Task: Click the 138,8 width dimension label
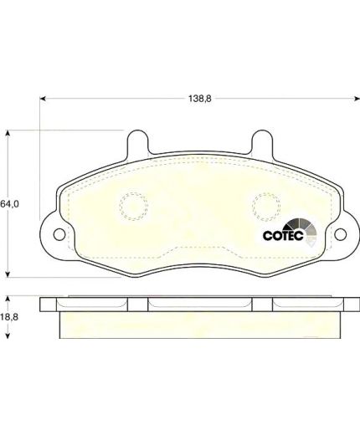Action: (200, 99)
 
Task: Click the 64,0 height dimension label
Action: (9, 204)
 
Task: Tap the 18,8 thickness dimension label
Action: (9, 317)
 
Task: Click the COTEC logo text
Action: (283, 236)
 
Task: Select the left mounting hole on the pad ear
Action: (59, 234)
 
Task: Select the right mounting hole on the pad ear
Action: (341, 234)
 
